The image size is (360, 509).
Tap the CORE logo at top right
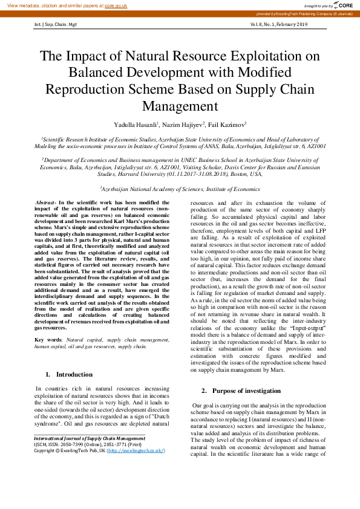pos(343,5)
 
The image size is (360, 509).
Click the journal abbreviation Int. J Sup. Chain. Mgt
pos(55,24)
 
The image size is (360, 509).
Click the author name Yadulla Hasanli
pos(136,125)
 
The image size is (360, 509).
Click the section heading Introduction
pos(73,374)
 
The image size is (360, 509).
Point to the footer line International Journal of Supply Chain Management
pos(90,438)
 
